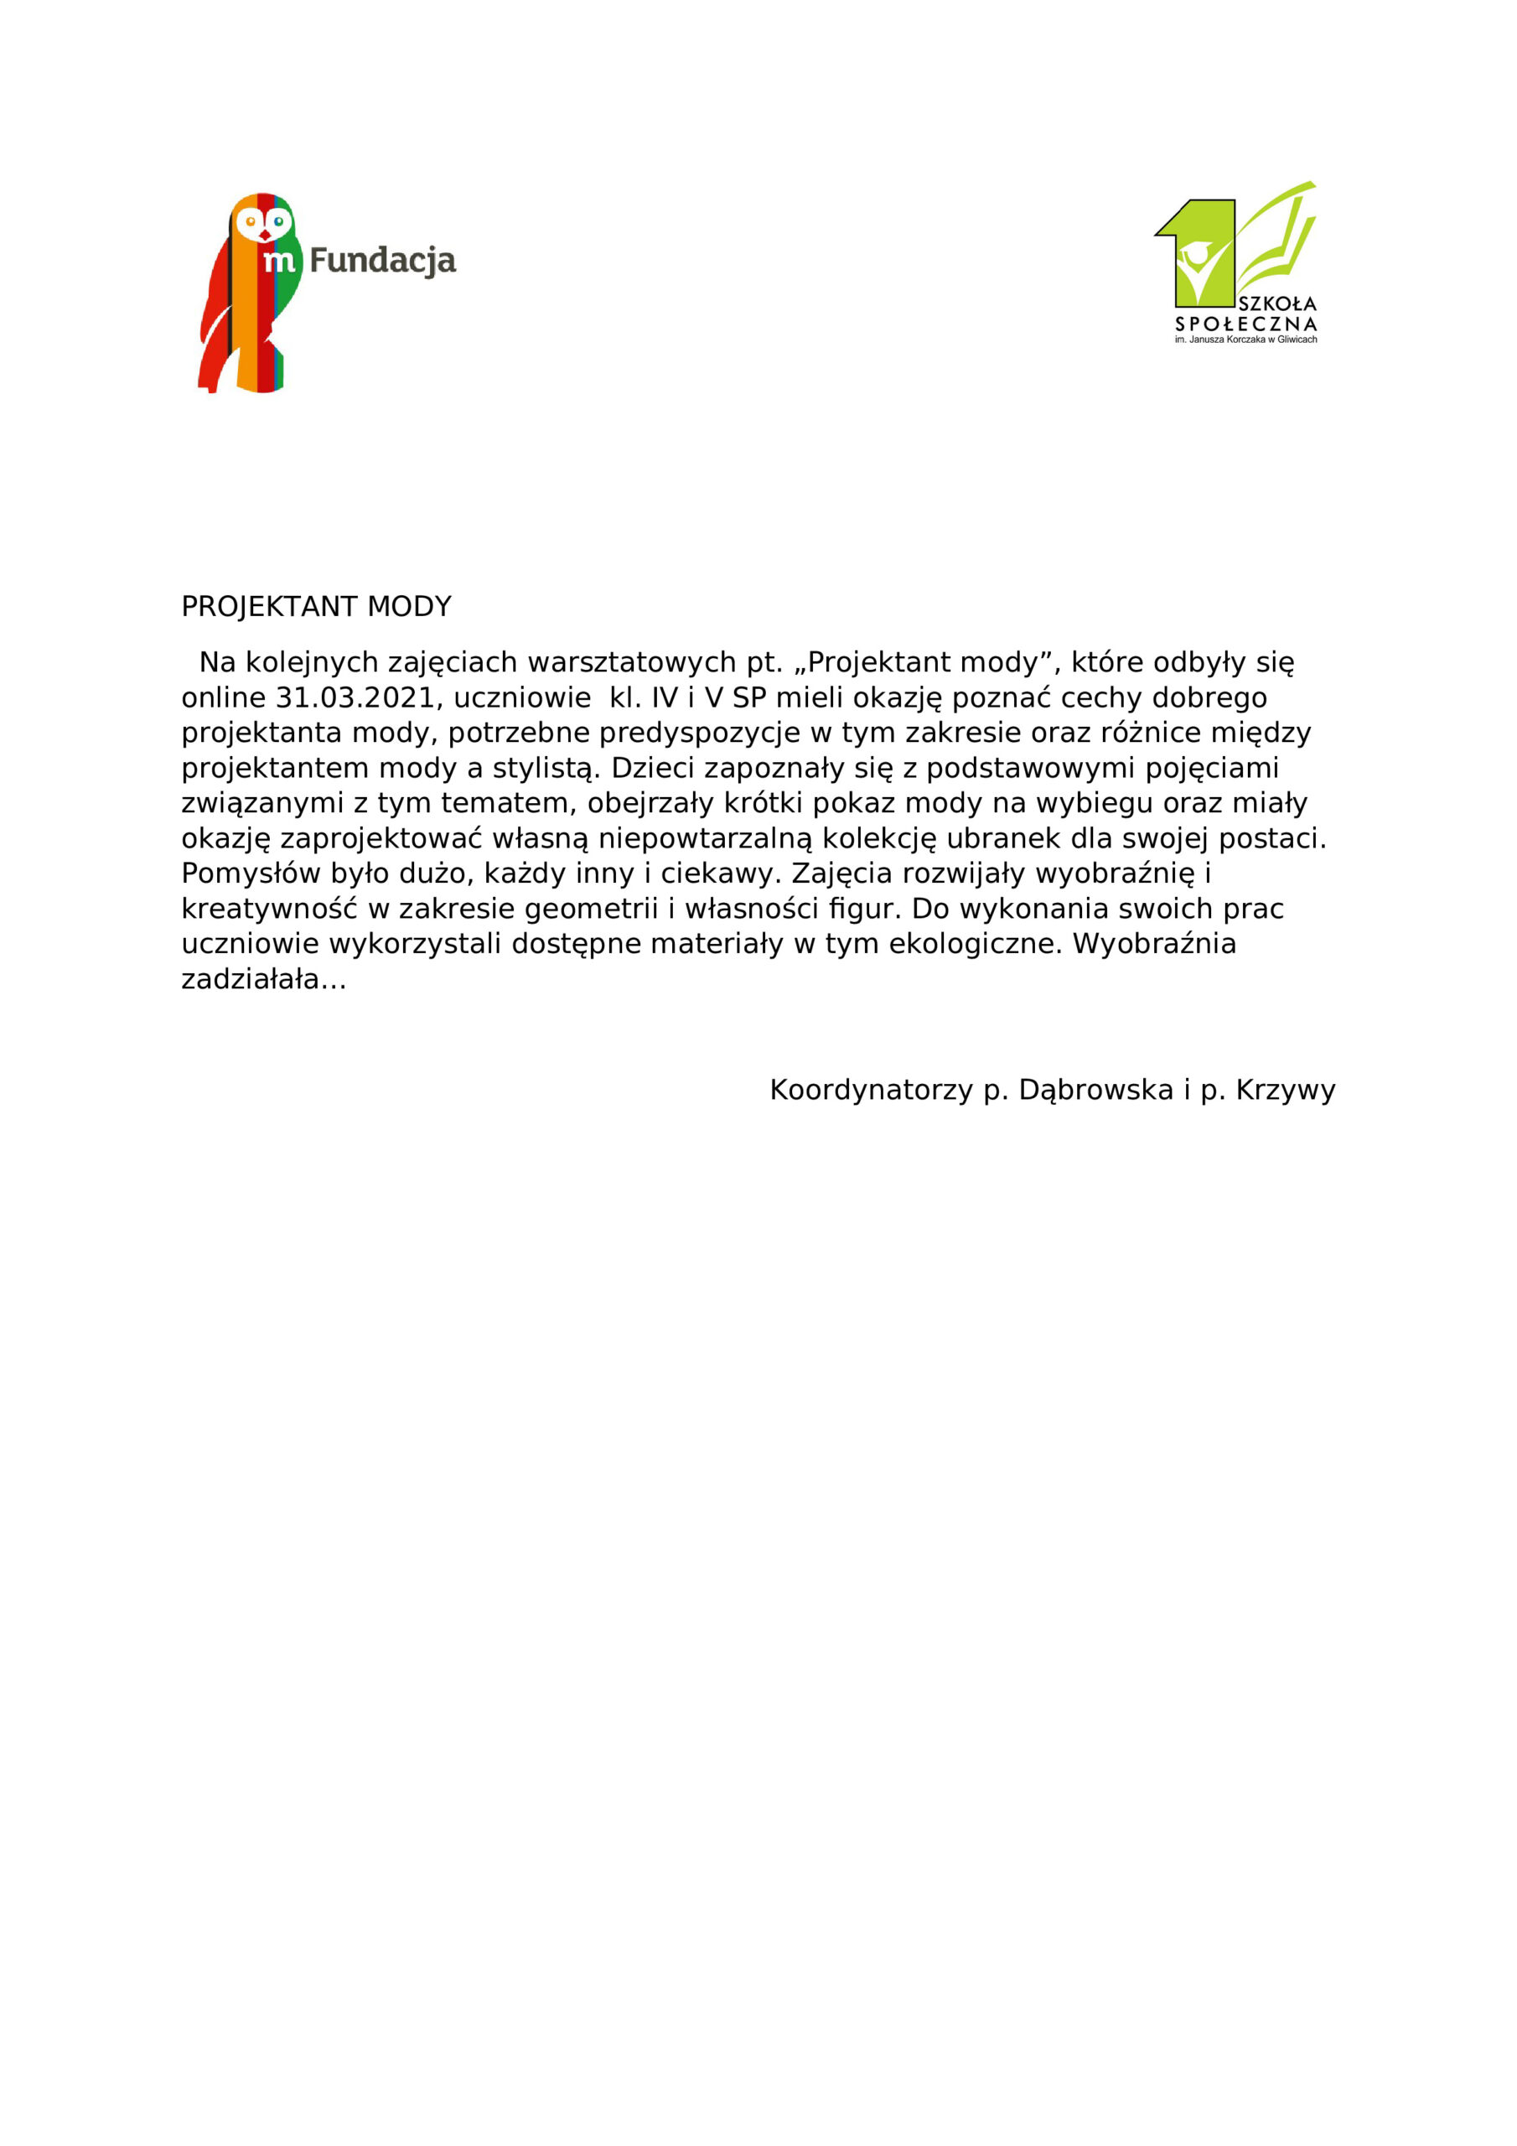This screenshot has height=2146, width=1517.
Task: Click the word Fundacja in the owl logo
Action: [382, 261]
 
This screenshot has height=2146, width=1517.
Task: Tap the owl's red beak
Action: [265, 235]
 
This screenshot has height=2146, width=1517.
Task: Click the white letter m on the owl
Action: [278, 262]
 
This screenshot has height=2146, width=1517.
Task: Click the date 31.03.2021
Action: [355, 698]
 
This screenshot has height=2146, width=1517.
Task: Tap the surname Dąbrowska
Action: [1095, 1090]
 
